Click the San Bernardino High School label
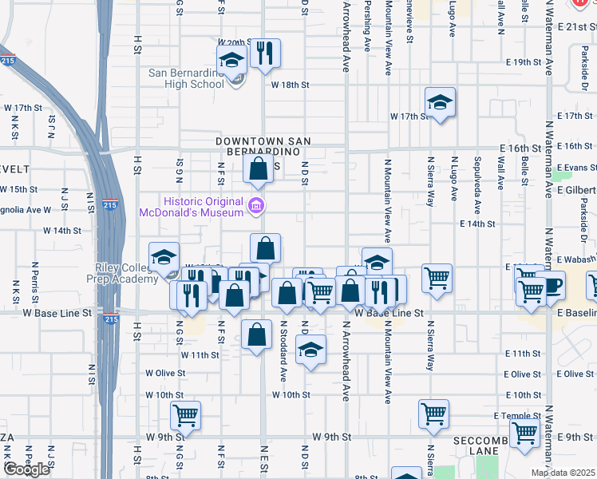187,78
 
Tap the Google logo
26,469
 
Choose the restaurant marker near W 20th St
266,53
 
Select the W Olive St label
165,373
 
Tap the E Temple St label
517,416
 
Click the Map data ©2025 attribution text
562,473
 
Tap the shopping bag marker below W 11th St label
255,336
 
